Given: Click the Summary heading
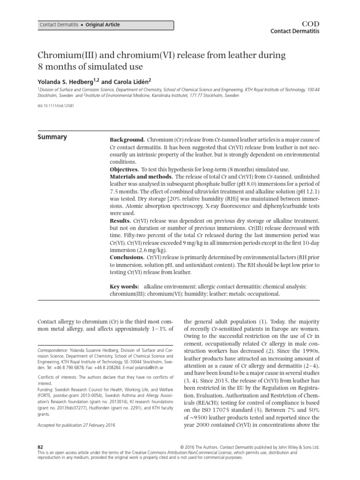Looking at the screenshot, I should click(x=52, y=137).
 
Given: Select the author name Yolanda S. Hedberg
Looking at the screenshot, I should click(x=67, y=80).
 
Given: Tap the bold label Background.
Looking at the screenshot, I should click(x=127, y=140).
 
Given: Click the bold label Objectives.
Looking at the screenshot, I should click(x=124, y=169).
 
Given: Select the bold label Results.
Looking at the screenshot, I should click(x=120, y=220).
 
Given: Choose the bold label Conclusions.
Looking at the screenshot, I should click(x=127, y=257).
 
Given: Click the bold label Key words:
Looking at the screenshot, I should click(x=124, y=286).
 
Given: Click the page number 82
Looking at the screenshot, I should click(x=40, y=448).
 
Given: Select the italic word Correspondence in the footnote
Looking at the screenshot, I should click(x=52, y=350).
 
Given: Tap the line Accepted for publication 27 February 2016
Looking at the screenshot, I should click(x=76, y=425).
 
